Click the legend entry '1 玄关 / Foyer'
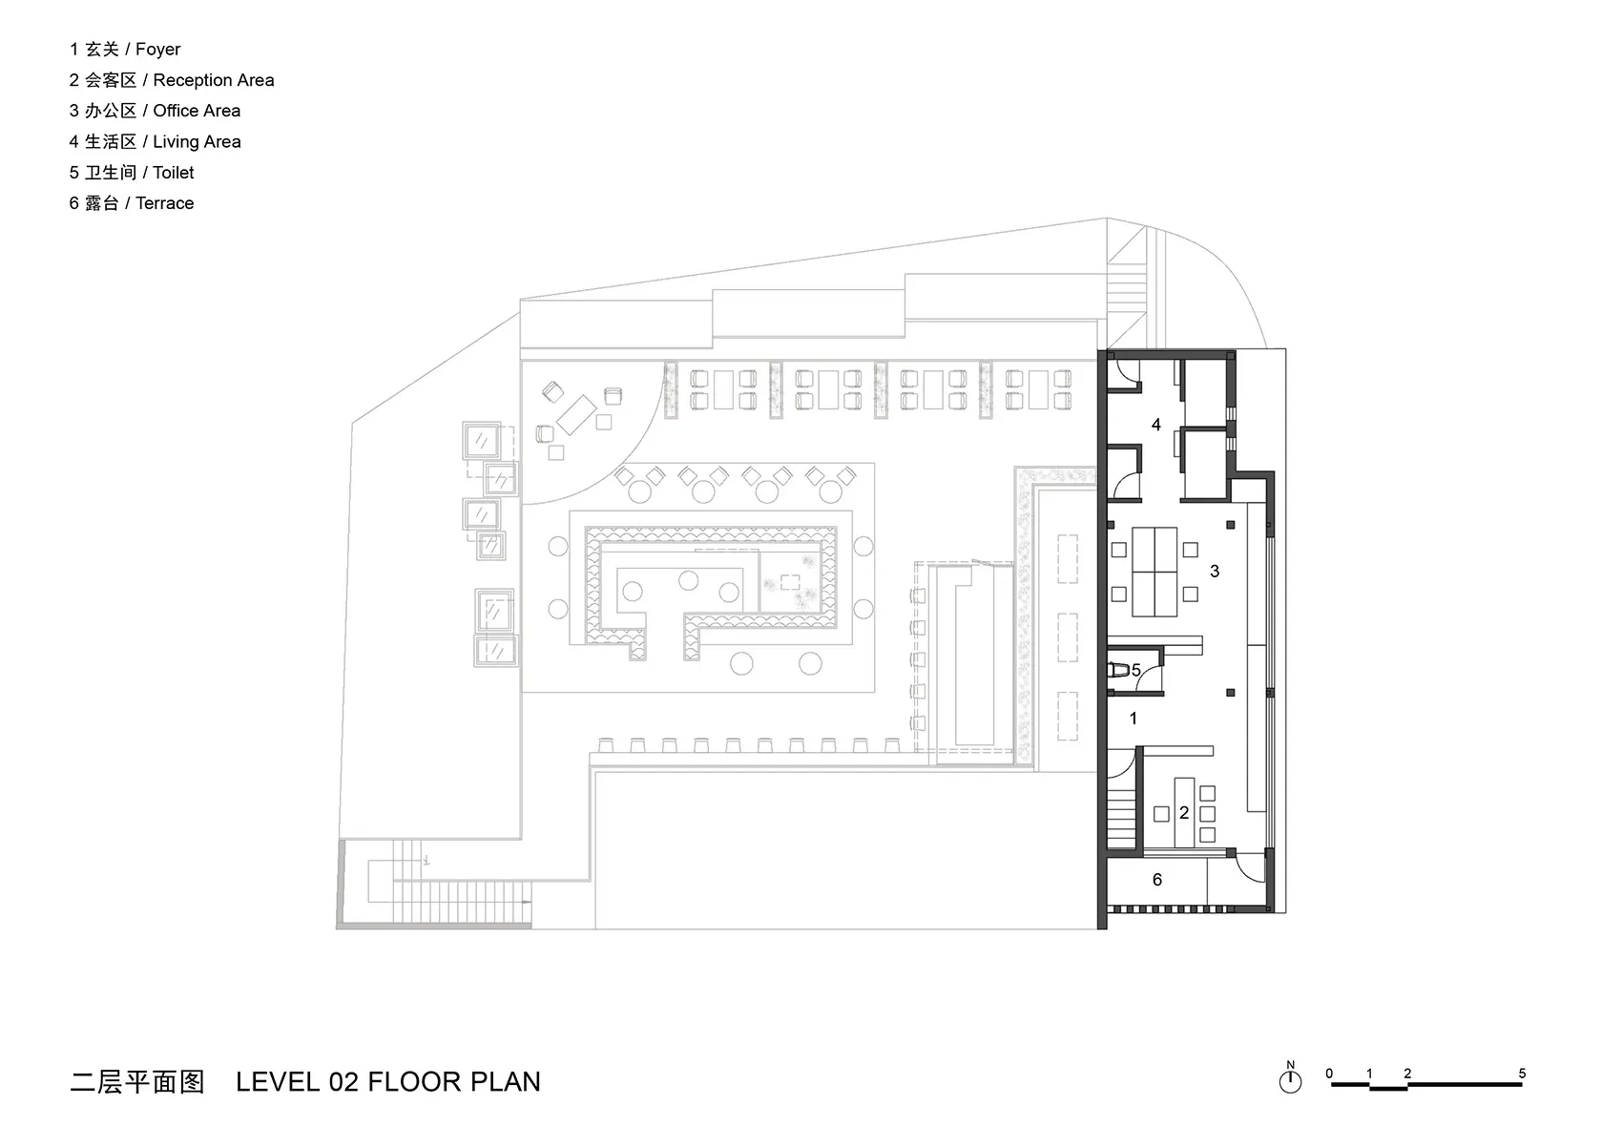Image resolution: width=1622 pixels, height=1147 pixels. (125, 50)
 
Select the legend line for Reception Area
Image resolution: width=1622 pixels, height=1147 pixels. (172, 79)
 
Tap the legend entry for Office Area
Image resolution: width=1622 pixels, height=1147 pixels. (155, 111)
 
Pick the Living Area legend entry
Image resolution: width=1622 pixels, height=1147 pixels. (155, 142)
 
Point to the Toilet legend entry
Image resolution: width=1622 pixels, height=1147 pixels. (132, 173)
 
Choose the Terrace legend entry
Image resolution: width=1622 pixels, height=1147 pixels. (132, 203)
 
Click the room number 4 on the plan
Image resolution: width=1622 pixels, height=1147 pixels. (1156, 425)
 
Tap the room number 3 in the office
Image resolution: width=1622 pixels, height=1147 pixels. (1215, 572)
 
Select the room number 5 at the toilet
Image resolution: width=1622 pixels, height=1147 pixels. (1136, 671)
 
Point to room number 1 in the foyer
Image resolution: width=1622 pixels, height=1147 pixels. (1133, 719)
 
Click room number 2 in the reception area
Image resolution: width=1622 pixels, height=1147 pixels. (1184, 813)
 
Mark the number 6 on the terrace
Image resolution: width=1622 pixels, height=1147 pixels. (1157, 880)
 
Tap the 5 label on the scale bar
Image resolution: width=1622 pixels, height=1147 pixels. (1522, 1074)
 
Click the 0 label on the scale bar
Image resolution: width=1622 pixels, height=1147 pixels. (1329, 1074)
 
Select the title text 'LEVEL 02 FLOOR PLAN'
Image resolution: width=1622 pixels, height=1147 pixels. (388, 1082)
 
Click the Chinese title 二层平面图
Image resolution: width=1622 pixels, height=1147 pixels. (137, 1082)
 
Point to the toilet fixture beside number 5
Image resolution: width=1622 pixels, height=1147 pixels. (1119, 671)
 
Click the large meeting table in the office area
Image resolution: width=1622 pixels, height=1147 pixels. (1154, 572)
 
